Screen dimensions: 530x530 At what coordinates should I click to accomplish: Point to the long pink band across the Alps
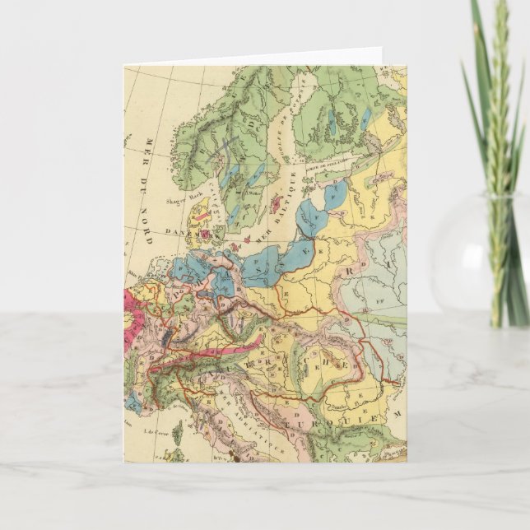click(x=222, y=346)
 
